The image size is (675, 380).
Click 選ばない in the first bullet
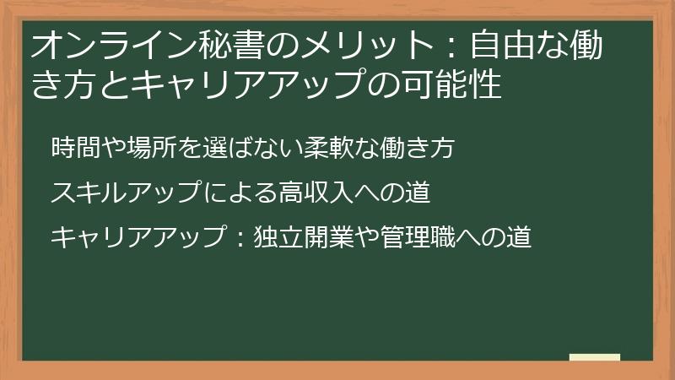coord(253,147)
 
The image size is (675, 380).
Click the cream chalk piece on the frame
coord(594,358)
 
